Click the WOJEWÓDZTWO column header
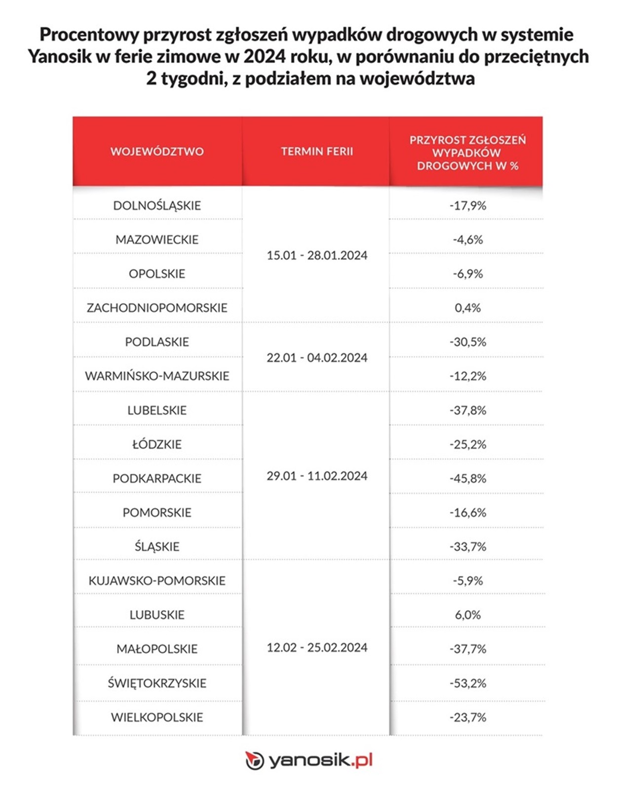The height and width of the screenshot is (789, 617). [x=157, y=151]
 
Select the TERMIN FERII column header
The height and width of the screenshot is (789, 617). [x=317, y=151]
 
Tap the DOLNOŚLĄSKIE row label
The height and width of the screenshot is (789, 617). [x=157, y=206]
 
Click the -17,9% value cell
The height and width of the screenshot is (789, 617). [x=467, y=206]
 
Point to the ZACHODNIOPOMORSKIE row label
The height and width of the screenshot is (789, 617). [x=157, y=308]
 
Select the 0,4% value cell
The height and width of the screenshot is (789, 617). [x=467, y=308]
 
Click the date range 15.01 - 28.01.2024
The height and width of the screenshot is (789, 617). [x=317, y=255]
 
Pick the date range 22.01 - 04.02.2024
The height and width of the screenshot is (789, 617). [x=317, y=358]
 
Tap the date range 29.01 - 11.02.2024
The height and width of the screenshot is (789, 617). [x=317, y=476]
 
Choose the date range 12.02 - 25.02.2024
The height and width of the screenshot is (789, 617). [x=317, y=647]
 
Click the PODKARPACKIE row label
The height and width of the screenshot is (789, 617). [x=157, y=478]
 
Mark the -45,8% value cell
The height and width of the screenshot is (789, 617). [x=467, y=478]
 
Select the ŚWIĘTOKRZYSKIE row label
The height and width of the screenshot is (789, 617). [x=157, y=683]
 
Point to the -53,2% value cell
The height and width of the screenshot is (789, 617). [x=467, y=683]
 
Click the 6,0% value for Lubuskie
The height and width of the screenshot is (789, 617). [x=467, y=615]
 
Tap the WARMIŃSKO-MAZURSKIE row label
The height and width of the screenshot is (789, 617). [x=157, y=376]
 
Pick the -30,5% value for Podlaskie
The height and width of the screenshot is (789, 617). [x=467, y=342]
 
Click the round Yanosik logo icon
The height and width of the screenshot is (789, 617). [x=255, y=760]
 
